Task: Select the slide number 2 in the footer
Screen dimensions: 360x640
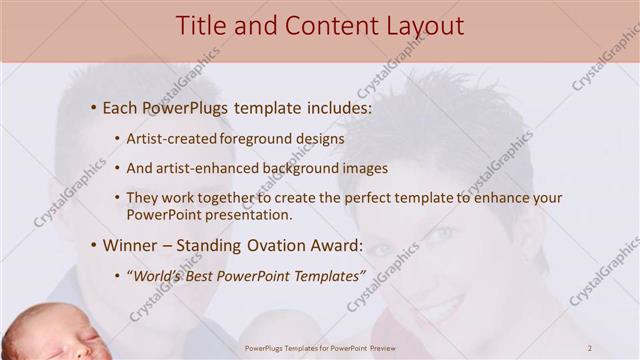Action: [590, 348]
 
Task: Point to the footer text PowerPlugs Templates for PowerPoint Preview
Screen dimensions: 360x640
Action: [320, 348]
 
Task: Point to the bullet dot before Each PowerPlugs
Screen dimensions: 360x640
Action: [93, 106]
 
